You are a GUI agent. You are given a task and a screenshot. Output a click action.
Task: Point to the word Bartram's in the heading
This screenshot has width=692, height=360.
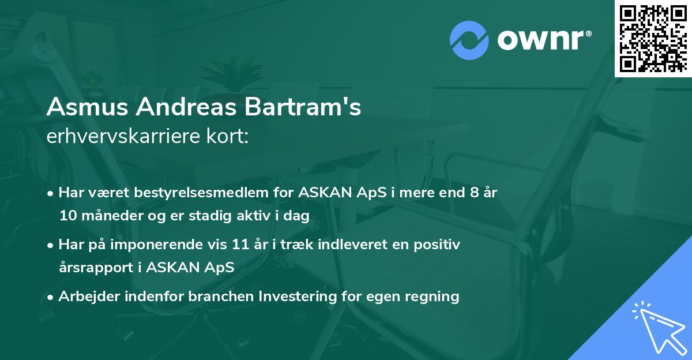[305, 107]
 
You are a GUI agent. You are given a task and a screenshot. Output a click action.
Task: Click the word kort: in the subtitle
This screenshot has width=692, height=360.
[229, 137]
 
